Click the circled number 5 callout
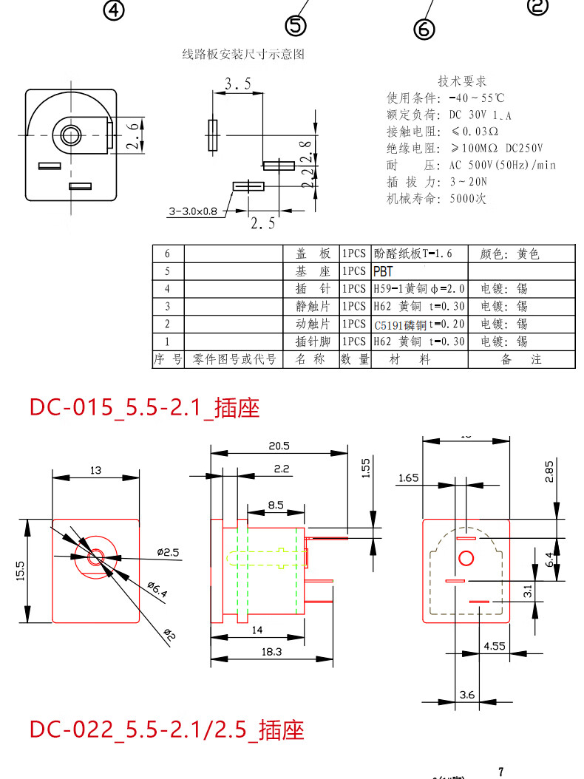point(296,26)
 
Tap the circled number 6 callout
point(424,29)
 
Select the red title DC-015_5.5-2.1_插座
point(145,407)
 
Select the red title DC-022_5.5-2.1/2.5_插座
point(167,729)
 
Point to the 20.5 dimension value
point(279,446)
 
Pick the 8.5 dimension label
point(276,505)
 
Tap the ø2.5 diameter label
point(167,552)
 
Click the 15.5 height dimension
point(20,571)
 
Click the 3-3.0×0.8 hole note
point(194,212)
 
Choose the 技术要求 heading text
point(462,81)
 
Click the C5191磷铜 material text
point(400,324)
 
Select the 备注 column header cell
point(520,359)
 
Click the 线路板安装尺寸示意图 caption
point(243,54)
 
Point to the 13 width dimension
point(96,471)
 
